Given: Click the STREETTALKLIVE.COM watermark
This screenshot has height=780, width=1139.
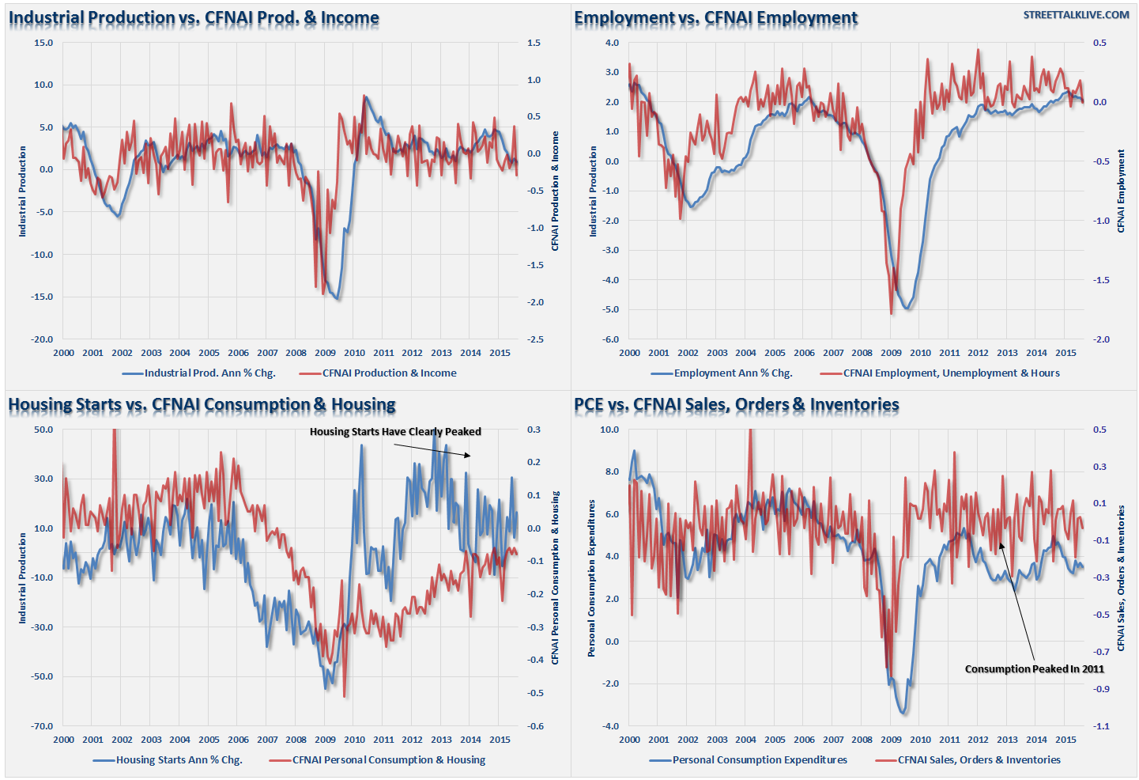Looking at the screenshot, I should click(x=1076, y=15).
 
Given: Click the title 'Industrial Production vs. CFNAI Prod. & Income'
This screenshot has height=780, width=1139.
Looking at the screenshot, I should click(x=194, y=18).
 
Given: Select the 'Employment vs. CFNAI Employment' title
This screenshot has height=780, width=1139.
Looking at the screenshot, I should click(x=715, y=18).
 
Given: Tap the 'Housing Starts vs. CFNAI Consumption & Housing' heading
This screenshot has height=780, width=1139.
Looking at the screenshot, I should click(x=202, y=405).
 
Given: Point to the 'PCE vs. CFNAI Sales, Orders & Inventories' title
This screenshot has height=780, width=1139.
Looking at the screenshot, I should click(x=736, y=405).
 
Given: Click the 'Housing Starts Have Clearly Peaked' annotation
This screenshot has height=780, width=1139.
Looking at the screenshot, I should click(x=395, y=432).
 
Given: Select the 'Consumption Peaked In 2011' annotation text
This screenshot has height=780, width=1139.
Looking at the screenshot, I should click(x=1034, y=669).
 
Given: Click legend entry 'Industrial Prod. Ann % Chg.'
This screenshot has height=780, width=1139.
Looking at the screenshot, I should click(x=209, y=373).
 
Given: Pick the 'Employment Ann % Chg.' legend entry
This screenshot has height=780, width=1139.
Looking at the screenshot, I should click(x=732, y=373).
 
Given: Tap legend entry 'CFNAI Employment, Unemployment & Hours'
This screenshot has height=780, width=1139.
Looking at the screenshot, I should click(x=951, y=373).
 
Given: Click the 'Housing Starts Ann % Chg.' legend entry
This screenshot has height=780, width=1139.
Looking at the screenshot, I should click(x=179, y=760).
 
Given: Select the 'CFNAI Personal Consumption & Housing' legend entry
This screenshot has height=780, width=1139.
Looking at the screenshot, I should click(x=388, y=760).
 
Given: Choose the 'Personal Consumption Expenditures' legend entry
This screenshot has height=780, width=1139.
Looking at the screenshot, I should click(x=759, y=760).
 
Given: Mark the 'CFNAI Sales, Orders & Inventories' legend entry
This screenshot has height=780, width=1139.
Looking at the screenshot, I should click(x=979, y=760).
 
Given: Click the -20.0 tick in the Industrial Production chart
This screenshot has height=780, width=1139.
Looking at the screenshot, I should click(x=43, y=339).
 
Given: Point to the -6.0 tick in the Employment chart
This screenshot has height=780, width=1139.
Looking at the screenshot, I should click(x=612, y=339).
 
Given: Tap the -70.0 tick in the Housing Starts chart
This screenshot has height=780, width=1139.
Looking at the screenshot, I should click(x=43, y=726).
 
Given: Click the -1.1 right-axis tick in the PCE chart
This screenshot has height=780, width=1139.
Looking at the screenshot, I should click(x=1100, y=726).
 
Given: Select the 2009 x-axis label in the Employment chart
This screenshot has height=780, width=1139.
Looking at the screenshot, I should click(x=891, y=353).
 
